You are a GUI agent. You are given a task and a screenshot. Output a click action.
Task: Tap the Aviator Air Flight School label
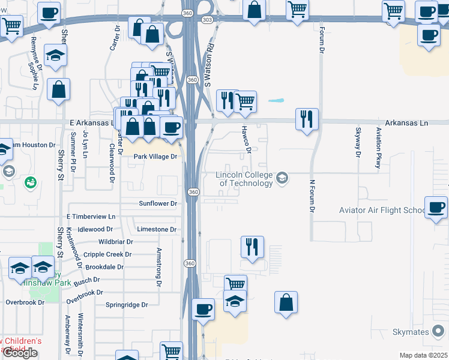point(382,210)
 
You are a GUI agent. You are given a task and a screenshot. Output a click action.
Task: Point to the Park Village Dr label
point(155,157)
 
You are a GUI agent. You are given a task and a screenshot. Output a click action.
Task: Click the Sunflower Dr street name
point(157,203)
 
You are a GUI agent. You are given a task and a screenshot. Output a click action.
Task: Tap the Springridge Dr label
point(127,305)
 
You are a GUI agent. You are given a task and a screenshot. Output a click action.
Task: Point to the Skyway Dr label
point(358,142)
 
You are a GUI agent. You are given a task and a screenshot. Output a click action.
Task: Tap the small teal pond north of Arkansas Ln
point(276,101)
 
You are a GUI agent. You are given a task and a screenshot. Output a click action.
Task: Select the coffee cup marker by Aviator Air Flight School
point(436,208)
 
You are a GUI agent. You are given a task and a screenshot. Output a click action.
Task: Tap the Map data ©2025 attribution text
point(424,355)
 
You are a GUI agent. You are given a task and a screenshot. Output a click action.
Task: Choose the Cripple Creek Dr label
point(107,254)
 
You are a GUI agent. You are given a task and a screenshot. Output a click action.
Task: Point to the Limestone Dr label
point(156,229)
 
